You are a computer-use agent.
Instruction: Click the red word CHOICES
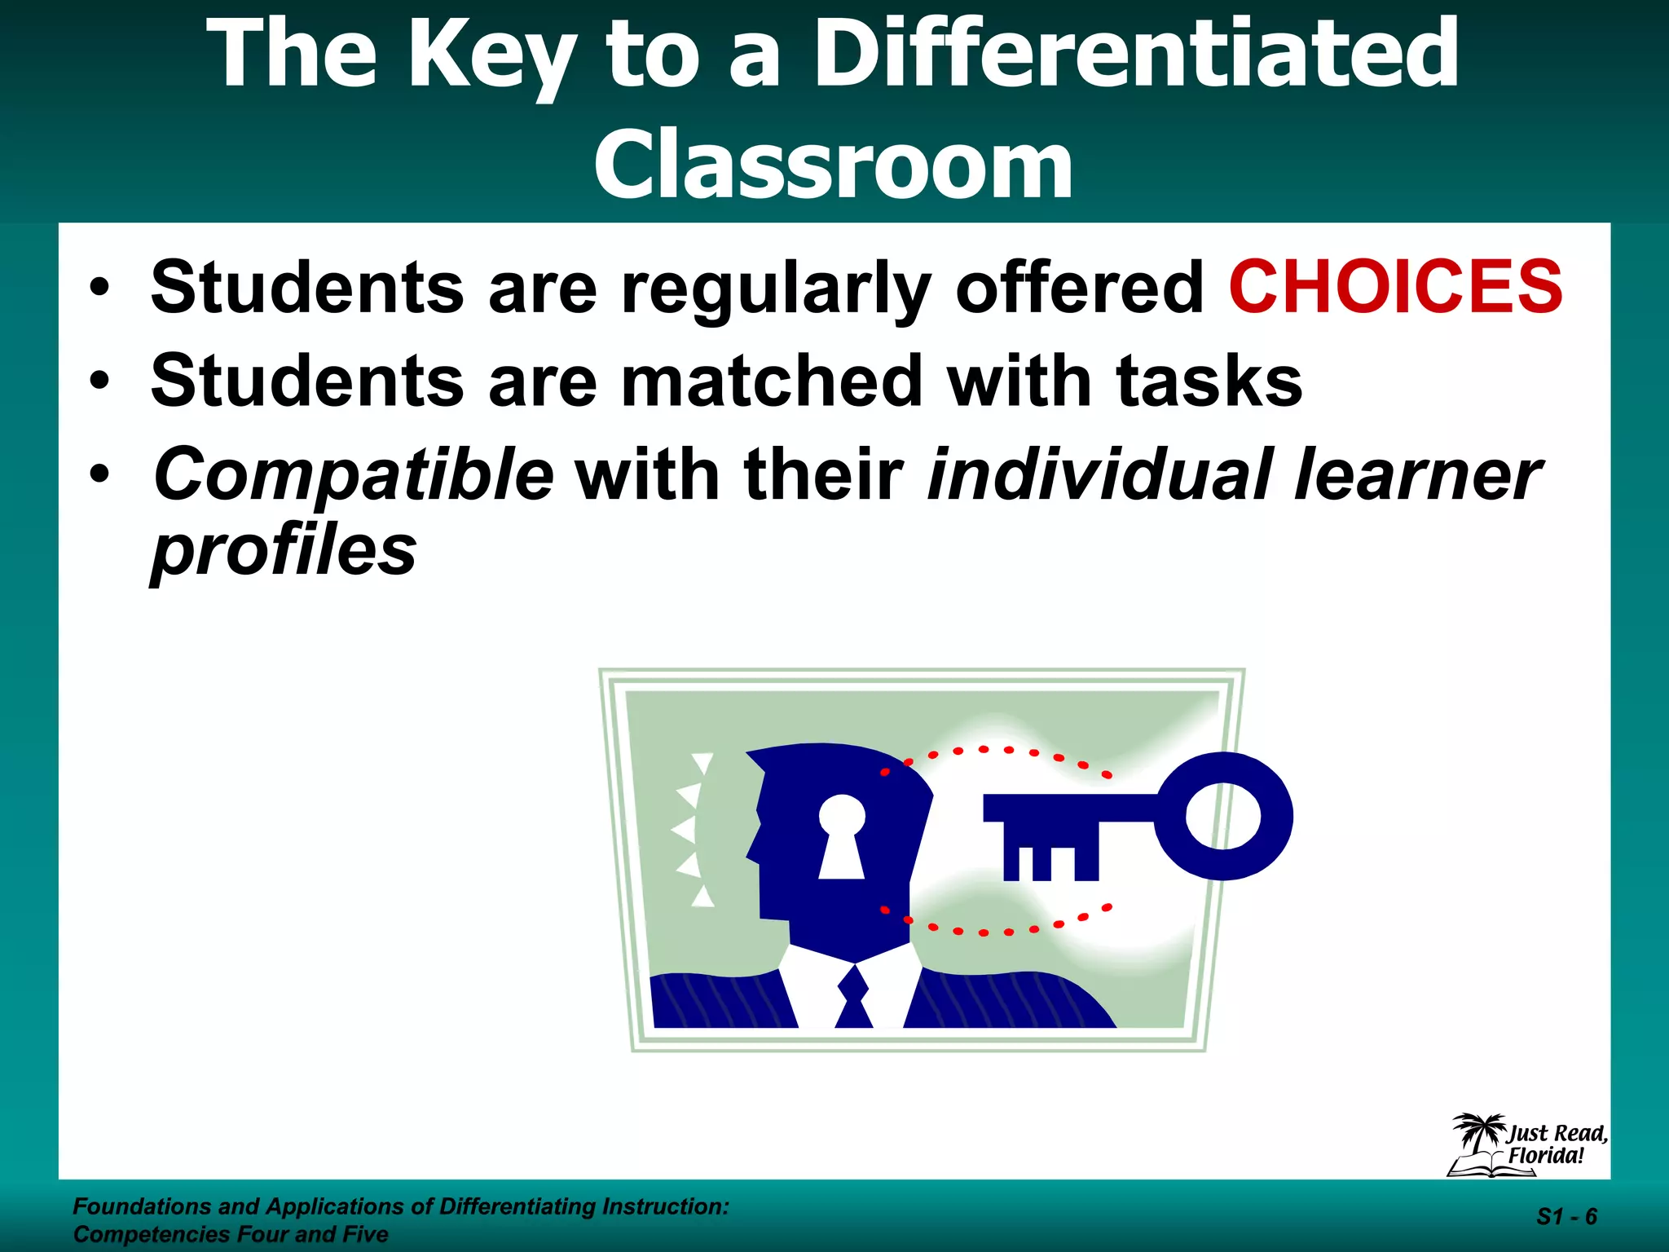pyautogui.click(x=1395, y=287)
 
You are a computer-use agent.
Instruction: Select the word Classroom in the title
pyautogui.click(x=833, y=165)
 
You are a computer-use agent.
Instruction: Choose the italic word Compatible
pyautogui.click(x=354, y=476)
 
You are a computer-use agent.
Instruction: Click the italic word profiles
pyautogui.click(x=284, y=551)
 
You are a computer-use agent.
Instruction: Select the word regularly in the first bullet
pyautogui.click(x=776, y=289)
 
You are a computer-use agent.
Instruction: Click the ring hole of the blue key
pyautogui.click(x=1222, y=816)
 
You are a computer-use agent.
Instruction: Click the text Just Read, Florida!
pyautogui.click(x=1555, y=1144)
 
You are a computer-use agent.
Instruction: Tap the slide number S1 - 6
pyautogui.click(x=1566, y=1217)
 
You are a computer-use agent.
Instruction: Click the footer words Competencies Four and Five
pyautogui.click(x=231, y=1234)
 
